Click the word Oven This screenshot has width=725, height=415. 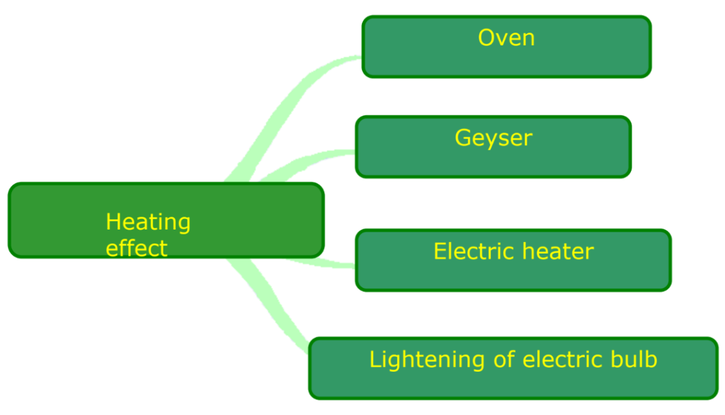click(x=506, y=38)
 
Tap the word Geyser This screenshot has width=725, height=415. click(x=493, y=138)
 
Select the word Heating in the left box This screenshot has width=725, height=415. click(x=148, y=222)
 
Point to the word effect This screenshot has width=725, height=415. click(x=137, y=249)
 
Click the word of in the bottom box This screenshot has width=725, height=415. click(x=504, y=360)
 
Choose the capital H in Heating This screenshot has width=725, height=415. click(x=113, y=222)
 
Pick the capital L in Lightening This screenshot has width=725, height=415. click(x=375, y=360)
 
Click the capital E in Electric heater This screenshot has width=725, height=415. click(x=440, y=251)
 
